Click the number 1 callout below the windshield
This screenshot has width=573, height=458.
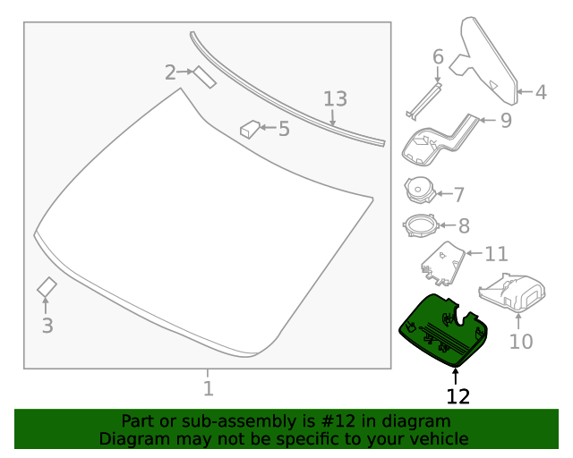[208, 388]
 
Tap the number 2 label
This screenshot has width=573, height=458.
[170, 72]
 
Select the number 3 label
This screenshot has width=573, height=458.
[47, 326]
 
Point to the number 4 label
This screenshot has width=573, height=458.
[540, 91]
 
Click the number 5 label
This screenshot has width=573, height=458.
[283, 129]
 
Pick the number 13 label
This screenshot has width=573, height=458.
[334, 99]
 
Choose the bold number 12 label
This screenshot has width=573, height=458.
[458, 395]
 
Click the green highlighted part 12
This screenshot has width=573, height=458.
[440, 329]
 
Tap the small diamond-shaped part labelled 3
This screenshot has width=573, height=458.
[47, 287]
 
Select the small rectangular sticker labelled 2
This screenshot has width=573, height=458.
[205, 78]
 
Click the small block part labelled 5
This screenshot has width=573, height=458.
[248, 130]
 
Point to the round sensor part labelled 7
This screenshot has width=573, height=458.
[419, 190]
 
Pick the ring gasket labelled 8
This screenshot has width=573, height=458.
[419, 225]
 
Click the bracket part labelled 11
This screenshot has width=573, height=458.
[441, 261]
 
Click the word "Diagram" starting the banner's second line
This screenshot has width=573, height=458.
[133, 438]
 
